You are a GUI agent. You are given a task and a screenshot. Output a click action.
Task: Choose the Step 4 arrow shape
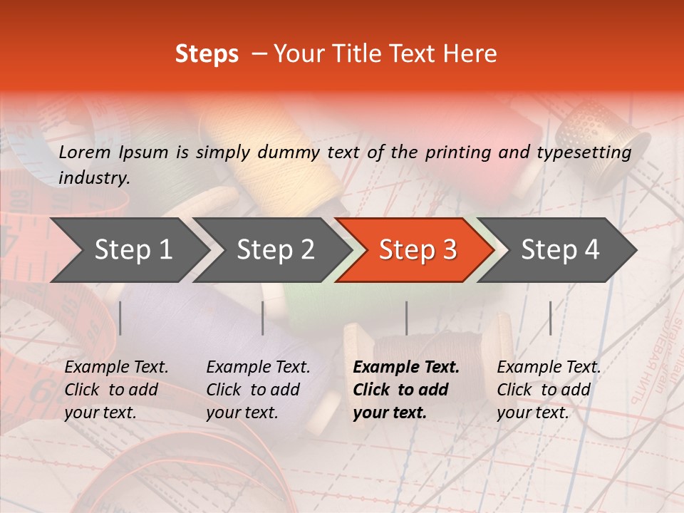(559, 250)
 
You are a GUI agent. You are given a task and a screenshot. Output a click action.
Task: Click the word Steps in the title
(207, 54)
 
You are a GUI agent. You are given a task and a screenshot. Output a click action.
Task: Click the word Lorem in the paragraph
(84, 152)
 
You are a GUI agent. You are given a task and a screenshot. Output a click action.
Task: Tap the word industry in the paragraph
(94, 177)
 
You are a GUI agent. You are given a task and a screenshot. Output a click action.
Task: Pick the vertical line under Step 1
(120, 318)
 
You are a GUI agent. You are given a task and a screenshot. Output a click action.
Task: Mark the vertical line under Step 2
(263, 318)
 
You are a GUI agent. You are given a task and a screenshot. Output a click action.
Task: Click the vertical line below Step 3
(407, 318)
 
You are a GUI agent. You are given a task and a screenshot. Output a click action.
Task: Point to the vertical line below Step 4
(551, 318)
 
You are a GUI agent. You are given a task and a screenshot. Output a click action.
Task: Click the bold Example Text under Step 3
(406, 368)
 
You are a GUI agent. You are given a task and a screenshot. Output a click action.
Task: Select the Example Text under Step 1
(116, 368)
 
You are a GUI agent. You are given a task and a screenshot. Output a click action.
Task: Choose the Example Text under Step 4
(549, 368)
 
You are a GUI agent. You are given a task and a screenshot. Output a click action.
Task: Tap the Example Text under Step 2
(258, 368)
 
